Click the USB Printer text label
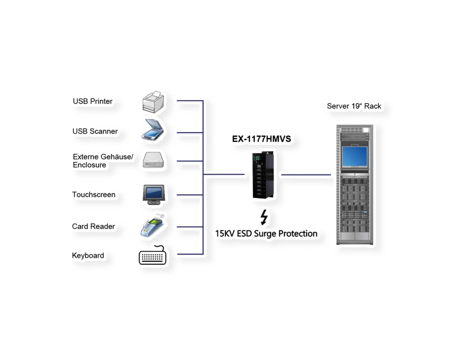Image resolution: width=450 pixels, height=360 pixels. pos(92,101)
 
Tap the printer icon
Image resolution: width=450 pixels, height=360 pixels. pos(153,102)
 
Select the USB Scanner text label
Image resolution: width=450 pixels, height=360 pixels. pos(95,131)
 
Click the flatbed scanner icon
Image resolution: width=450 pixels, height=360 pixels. pos(153,130)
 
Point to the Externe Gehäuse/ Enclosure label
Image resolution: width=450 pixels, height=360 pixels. pos(103,161)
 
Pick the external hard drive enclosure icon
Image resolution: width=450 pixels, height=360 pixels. pos(153,160)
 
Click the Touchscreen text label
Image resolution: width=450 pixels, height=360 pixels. pos(94,195)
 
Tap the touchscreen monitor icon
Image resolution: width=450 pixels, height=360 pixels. pos(154,195)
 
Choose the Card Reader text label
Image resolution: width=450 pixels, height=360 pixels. pos(93,226)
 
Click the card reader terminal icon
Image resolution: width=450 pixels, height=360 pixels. pos(152,225)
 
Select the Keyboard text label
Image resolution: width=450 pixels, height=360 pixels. pos(88,256)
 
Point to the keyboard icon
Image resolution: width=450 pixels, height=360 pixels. pos(153,255)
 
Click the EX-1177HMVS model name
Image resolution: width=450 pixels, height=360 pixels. pos(261,139)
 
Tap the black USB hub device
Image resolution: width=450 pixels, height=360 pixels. pos(263,175)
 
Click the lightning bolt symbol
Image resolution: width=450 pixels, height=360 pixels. pos(264,217)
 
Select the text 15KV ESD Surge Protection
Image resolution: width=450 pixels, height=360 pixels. pos(266,234)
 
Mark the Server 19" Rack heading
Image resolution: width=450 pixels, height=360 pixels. pos(354,106)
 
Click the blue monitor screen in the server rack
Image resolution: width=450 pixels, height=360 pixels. pos(355,157)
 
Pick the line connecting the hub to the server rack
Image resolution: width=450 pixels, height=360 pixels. pos(306,175)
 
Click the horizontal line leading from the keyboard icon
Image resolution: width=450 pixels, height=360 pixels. pos(190,254)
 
